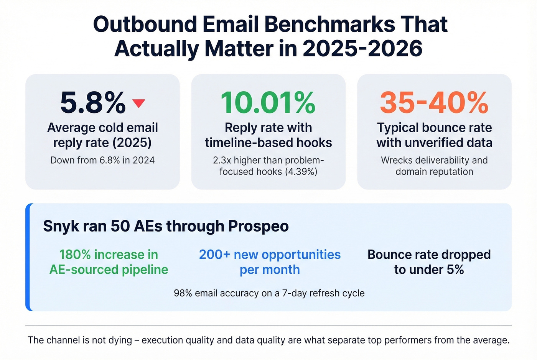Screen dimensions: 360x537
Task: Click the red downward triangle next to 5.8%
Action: pos(138,103)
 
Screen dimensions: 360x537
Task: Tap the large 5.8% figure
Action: pos(93,103)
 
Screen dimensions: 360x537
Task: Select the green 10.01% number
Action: pos(268,103)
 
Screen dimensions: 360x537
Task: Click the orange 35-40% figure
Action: pos(434,103)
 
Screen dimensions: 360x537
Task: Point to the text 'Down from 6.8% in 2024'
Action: pos(102,160)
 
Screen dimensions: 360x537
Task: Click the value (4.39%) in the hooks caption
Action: pos(301,171)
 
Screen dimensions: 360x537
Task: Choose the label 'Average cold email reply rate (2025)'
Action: pos(102,135)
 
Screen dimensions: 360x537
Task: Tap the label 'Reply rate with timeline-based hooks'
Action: pos(268,135)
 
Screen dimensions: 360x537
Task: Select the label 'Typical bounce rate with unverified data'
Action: pos(434,135)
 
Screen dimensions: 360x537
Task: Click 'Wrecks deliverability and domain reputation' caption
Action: pos(434,166)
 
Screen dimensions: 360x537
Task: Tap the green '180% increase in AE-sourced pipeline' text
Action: pos(109,262)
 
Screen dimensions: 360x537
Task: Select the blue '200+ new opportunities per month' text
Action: pos(270,262)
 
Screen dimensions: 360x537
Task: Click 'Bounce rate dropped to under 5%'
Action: pos(429,262)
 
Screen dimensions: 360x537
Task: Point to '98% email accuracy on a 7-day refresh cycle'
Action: pos(269,293)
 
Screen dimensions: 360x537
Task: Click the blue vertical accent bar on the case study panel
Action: pos(28,257)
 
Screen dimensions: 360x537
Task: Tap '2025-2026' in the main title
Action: pos(362,49)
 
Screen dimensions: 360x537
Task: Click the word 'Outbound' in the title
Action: pos(145,24)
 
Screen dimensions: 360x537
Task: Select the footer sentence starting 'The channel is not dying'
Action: pos(268,340)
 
